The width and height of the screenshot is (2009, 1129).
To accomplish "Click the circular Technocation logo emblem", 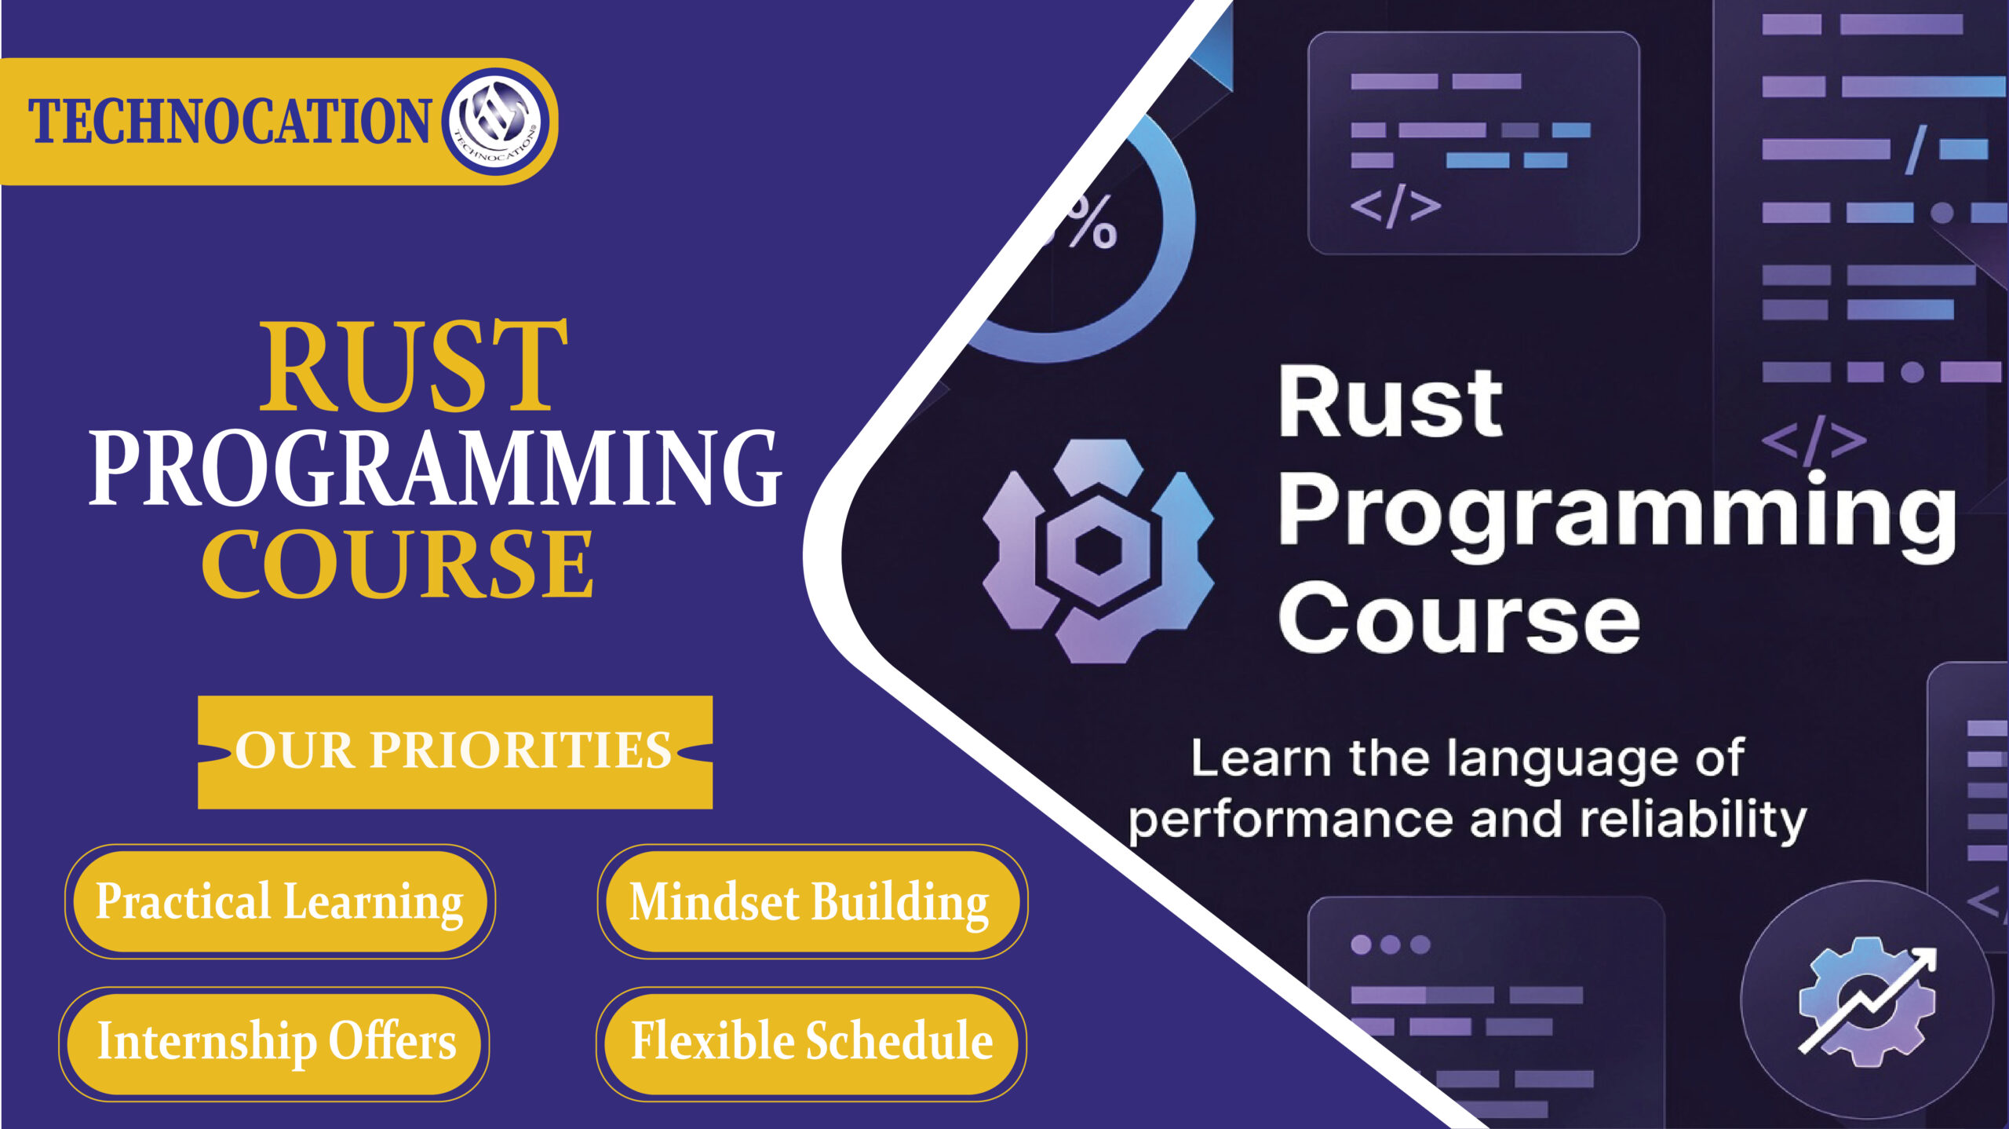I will pos(496,122).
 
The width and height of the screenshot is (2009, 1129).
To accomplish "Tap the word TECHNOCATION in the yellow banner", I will pos(229,122).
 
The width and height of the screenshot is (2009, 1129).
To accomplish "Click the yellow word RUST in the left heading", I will pos(414,367).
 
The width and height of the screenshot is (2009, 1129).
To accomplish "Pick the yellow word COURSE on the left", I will pos(398,564).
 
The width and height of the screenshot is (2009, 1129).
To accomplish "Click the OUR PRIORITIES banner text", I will pos(454,751).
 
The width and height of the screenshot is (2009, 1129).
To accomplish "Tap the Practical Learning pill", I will pos(280,901).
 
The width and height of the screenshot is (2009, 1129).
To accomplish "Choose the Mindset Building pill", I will pos(811,901).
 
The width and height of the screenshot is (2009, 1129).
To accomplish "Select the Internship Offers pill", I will pos(275,1043).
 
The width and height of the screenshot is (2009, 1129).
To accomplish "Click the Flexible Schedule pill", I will pos(811,1043).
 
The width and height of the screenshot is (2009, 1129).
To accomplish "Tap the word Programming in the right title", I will pos(1617,514).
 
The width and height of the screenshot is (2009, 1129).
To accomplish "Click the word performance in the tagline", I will pos(1291,821).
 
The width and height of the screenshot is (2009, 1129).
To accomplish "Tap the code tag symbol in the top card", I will pos(1395,206).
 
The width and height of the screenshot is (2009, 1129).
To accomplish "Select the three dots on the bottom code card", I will pos(1390,944).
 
